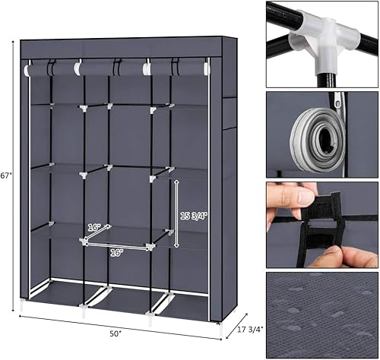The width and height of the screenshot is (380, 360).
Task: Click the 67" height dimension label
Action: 6,176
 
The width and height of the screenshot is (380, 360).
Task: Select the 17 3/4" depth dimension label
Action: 245,329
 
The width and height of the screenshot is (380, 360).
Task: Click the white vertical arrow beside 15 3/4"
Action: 176,214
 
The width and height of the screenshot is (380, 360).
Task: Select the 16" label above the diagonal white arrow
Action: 93,226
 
